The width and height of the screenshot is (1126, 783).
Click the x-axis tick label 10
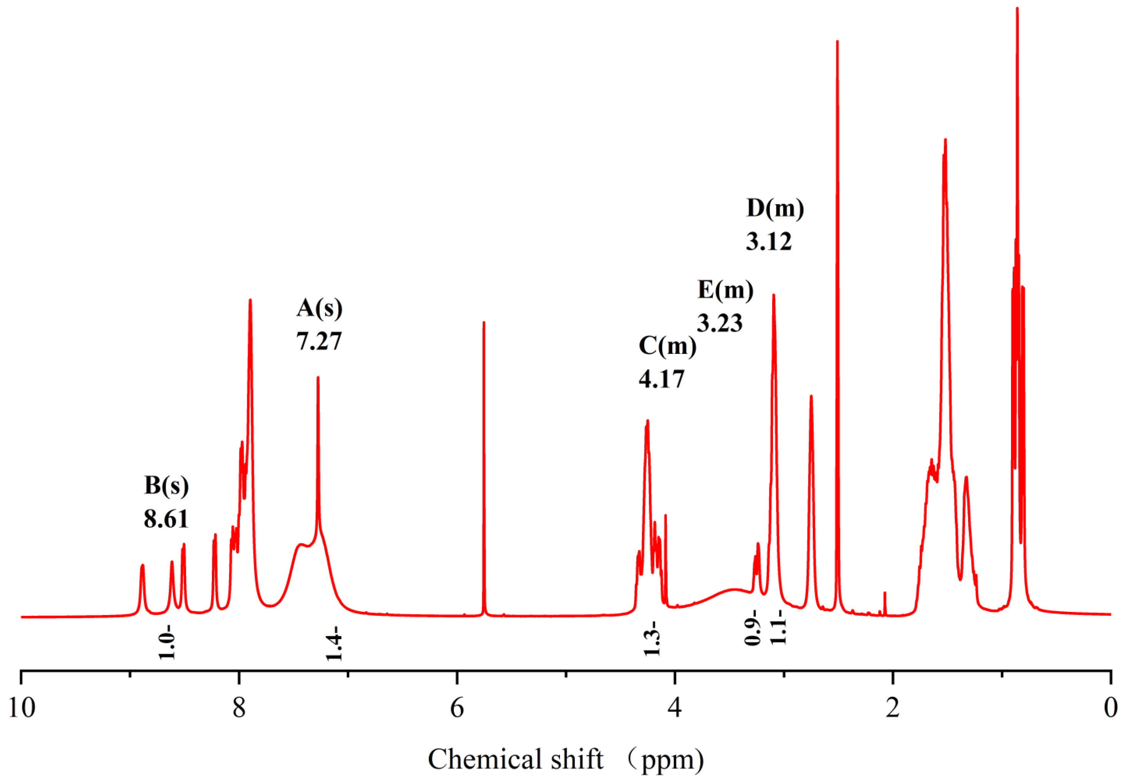(x=22, y=708)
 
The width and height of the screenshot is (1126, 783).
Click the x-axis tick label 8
(x=239, y=708)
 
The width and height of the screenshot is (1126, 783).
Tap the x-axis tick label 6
(x=456, y=708)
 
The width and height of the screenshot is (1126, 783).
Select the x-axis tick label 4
(x=675, y=708)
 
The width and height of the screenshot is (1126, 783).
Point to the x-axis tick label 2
(x=893, y=708)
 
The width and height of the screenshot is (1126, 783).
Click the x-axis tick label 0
(x=1110, y=708)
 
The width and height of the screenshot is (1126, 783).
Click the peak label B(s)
(x=166, y=485)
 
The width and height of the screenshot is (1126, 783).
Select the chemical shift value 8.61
(x=166, y=519)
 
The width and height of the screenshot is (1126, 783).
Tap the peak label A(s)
(x=319, y=308)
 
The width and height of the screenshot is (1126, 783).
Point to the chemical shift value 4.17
(x=661, y=379)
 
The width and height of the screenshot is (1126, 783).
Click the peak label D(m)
(x=775, y=208)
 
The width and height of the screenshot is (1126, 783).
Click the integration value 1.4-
(x=333, y=643)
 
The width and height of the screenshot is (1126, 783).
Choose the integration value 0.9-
(x=752, y=628)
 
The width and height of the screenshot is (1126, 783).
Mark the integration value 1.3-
(x=652, y=638)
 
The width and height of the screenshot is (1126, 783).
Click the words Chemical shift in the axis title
(x=515, y=760)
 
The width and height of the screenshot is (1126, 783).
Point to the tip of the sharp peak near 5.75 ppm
(x=483, y=323)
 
